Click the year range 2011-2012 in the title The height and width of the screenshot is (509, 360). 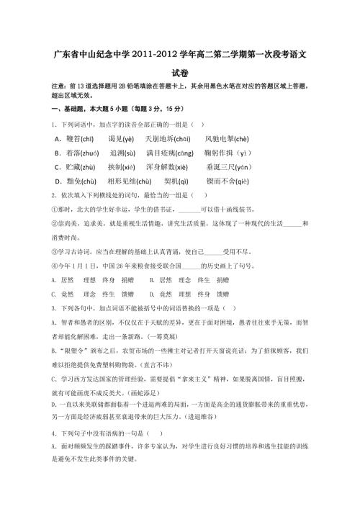(x=174, y=54)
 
